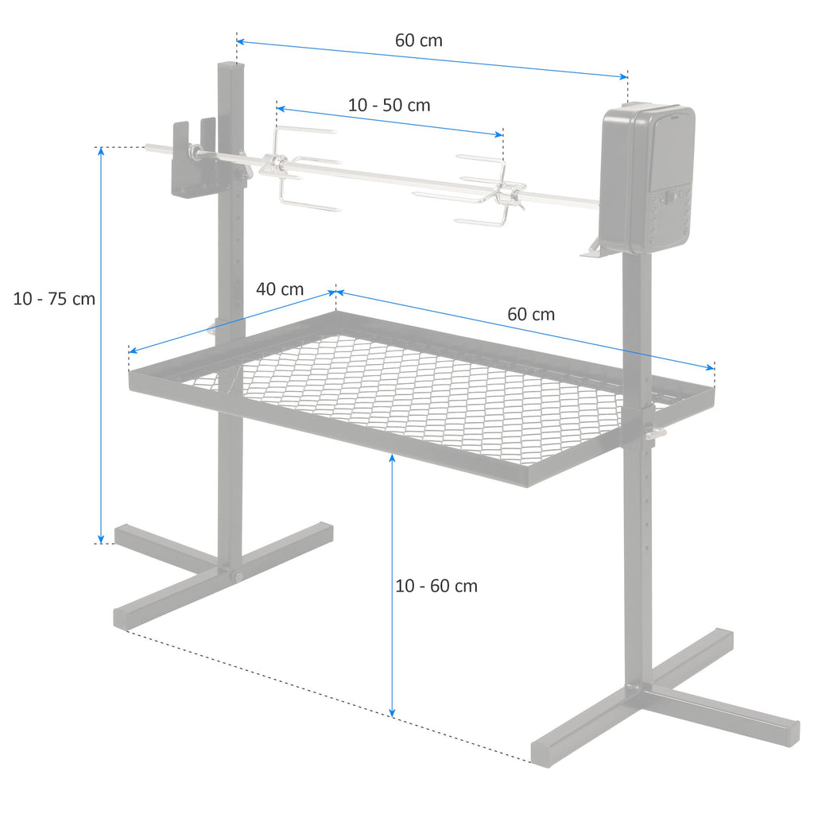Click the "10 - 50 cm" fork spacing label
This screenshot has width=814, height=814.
(x=389, y=105)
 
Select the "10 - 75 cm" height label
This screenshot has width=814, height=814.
(x=54, y=299)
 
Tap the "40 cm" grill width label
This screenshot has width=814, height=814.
(x=279, y=289)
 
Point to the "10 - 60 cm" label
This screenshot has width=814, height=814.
(x=436, y=586)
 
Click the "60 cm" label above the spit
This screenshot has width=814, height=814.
(x=418, y=41)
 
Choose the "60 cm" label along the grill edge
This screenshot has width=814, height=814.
(x=531, y=314)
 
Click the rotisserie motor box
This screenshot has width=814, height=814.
(x=648, y=177)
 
